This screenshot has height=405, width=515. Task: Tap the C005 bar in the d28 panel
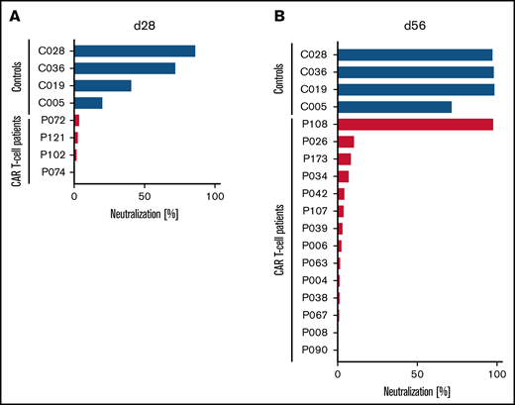point(88,103)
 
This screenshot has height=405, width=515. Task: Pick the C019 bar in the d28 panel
point(103,86)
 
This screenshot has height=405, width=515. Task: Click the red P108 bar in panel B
point(415,124)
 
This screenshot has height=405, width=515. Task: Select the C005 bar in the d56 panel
point(394,107)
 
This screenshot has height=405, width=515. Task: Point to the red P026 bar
point(346,142)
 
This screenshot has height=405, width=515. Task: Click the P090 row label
point(315,349)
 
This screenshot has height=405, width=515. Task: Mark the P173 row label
point(315,158)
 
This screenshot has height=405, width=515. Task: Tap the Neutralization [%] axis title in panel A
point(145,211)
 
